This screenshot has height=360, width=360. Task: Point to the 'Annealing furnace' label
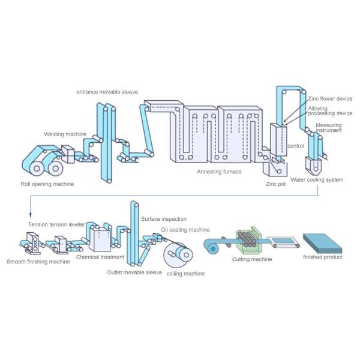coord(219,172)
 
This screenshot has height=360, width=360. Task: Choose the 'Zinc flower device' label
coord(330,98)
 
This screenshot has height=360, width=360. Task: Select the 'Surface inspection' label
coord(164,219)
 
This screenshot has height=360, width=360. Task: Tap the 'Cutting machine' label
coord(252,259)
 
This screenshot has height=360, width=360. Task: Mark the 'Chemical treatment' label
coord(100,257)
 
